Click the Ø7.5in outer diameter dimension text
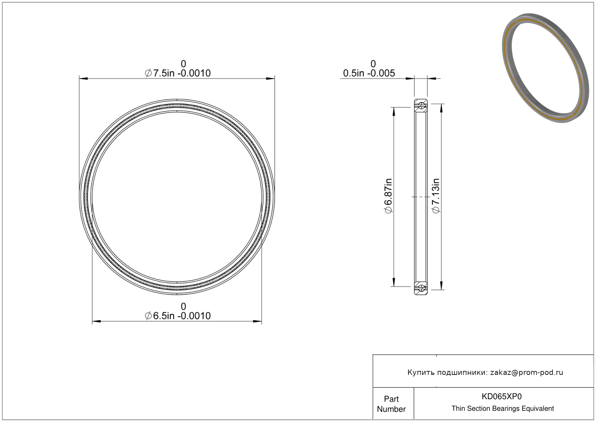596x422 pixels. point(178,73)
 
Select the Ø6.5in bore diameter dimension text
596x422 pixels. point(178,316)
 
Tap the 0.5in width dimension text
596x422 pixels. point(369,73)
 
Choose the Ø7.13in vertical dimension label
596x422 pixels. point(436,196)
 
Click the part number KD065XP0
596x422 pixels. point(501,396)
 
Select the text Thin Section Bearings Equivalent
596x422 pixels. point(503,408)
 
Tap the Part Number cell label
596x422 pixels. point(391,404)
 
